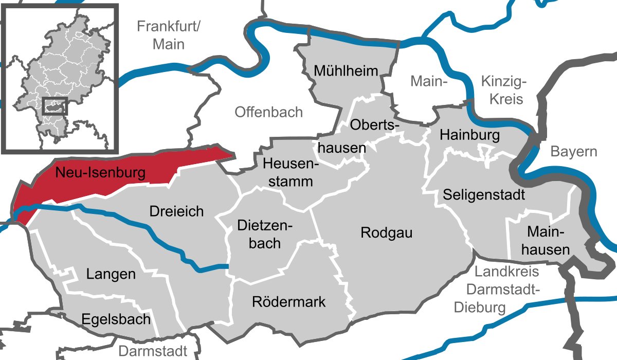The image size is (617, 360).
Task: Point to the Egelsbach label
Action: [116, 319]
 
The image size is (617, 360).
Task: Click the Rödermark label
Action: [288, 301]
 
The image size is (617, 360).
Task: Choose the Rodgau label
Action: [386, 232]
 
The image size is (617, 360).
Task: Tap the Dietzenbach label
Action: [264, 233]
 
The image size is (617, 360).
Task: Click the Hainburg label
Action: [469, 135]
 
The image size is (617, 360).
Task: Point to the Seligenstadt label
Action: [483, 195]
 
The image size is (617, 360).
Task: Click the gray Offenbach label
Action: [268, 112]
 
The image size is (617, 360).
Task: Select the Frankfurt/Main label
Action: [168, 35]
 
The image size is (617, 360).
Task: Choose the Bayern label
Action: [574, 152]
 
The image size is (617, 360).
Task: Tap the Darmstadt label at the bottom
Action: [153, 351]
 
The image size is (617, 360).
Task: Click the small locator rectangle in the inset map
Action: [55, 106]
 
